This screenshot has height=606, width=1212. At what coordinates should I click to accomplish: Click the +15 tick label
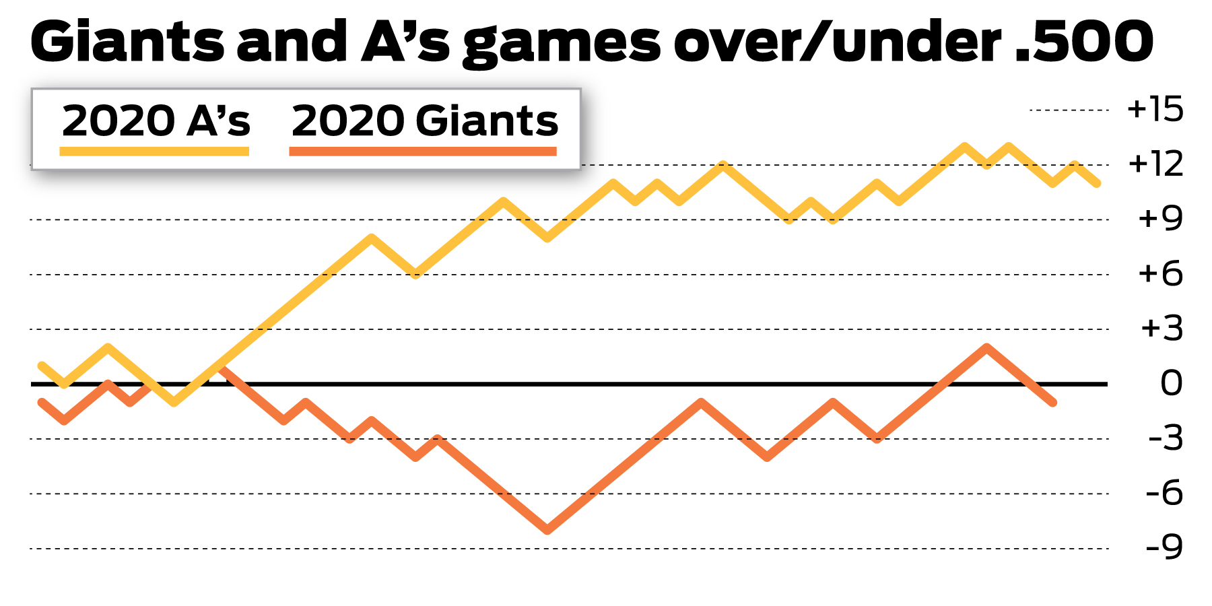(x=1155, y=109)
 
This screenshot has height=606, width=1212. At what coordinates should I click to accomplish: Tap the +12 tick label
(x=1155, y=164)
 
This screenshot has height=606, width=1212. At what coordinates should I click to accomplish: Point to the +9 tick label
(x=1159, y=219)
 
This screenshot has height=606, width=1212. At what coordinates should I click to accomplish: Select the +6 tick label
(x=1159, y=274)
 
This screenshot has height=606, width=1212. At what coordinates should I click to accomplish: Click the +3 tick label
(x=1161, y=329)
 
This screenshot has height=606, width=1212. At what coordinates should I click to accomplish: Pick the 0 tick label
(x=1171, y=384)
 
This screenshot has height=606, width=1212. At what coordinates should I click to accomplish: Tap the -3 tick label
(x=1165, y=438)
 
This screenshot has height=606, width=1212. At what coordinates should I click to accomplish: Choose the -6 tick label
(x=1164, y=494)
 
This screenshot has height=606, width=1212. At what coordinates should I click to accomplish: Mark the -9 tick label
(x=1164, y=548)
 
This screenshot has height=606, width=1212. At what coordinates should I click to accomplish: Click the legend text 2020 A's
(x=156, y=121)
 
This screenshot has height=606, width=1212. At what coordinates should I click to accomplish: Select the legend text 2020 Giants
(x=424, y=121)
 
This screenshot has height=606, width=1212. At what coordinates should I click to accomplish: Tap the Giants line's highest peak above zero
(x=986, y=347)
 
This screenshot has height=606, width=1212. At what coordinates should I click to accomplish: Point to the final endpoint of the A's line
(x=1098, y=183)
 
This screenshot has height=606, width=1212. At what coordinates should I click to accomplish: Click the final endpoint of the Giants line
(x=1053, y=403)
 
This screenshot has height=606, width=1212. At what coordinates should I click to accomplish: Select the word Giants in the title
(x=128, y=42)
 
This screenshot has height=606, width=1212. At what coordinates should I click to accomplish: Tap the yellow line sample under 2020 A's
(x=154, y=151)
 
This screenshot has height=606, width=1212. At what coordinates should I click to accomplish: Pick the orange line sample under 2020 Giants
(x=423, y=151)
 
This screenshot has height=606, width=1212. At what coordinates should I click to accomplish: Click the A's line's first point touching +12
(x=723, y=164)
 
